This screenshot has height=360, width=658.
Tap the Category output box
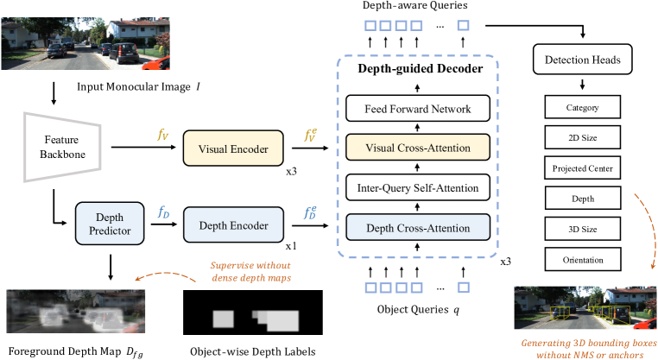pyautogui.click(x=583, y=109)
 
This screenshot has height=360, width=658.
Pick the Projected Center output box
pyautogui.click(x=583, y=167)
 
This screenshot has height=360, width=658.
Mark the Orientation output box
pyautogui.click(x=583, y=258)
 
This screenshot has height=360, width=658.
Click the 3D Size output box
pyautogui.click(x=583, y=228)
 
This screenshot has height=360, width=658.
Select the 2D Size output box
pyautogui.click(x=583, y=137)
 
